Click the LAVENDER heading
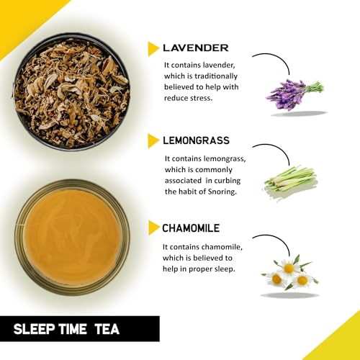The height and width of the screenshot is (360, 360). click(196, 48)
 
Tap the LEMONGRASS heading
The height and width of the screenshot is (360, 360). click(196, 140)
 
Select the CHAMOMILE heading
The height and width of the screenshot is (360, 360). click(191, 228)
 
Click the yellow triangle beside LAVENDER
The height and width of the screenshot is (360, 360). click(153, 49)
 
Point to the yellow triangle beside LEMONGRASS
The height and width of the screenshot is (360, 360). click(153, 141)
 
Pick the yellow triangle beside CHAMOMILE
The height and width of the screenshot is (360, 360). click(153, 228)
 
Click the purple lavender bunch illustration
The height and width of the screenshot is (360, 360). click(294, 94)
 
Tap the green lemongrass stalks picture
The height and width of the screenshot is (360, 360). click(290, 182)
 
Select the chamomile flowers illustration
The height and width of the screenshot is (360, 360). click(290, 273)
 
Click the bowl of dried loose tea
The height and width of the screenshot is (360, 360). click(71, 92)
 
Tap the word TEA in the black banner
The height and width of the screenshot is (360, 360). click(107, 329)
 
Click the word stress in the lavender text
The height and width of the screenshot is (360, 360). click(200, 98)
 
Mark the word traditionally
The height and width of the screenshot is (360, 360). click(216, 76)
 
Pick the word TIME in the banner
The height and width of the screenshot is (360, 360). click(73, 329)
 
